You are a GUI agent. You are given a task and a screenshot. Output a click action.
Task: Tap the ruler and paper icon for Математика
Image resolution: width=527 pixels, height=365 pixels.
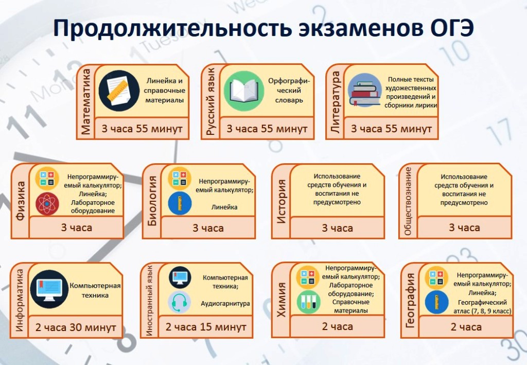coord(119,91)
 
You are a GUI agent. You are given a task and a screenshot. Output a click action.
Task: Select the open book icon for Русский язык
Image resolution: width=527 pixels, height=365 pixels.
coord(244,91)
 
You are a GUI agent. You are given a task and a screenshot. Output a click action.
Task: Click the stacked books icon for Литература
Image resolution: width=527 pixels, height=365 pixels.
coord(365,91)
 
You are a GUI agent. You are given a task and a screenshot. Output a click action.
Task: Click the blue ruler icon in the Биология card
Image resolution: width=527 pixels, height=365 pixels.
coord(180,203)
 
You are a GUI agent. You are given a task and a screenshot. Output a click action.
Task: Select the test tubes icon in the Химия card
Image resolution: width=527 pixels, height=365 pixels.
coord(308,302)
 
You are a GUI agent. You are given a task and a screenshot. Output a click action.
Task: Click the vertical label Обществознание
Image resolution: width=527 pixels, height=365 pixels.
coord(408,201)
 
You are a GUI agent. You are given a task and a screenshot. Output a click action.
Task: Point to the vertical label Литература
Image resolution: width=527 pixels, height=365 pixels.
coord(335,102)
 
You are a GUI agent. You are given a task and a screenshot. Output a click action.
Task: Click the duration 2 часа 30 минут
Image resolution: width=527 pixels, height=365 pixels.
coord(76,327)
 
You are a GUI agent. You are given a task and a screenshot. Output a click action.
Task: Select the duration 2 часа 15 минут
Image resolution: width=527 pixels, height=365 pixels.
coord(206,327)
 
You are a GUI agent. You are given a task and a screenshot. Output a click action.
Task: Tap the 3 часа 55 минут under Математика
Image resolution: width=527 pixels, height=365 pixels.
coord(142,128)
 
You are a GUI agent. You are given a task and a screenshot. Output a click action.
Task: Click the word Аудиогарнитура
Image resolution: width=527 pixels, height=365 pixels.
coord(225,304)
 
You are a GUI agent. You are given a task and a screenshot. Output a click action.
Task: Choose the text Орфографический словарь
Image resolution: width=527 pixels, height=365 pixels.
coord(289,91)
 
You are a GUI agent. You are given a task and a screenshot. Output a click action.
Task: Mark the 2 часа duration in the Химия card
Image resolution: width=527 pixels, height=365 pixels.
coord(338,326)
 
